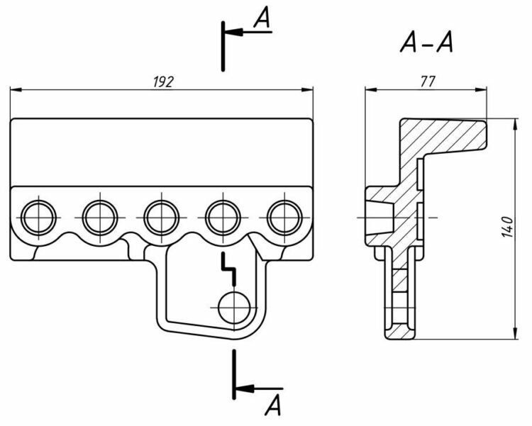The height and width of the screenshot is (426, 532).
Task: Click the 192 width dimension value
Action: (163, 82)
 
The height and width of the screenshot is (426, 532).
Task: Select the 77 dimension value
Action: (426, 82)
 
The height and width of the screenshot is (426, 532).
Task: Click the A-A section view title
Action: (426, 45)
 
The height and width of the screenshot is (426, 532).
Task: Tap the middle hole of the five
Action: (161, 215)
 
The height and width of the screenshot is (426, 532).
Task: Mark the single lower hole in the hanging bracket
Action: (232, 307)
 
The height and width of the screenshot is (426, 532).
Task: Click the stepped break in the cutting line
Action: (227, 266)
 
